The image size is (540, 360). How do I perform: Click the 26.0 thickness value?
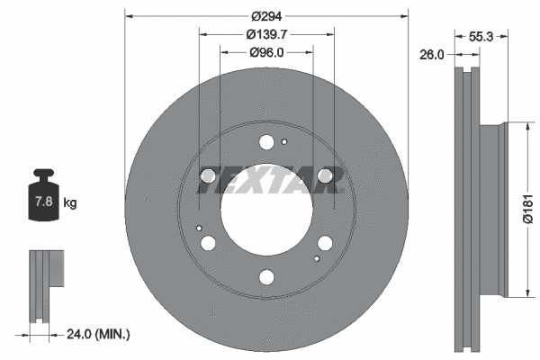432,55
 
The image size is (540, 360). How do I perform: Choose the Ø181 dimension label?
529,207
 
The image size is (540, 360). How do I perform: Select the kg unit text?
70,203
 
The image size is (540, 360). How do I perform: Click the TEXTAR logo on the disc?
266,180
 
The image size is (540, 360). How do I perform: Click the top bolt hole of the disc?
266,141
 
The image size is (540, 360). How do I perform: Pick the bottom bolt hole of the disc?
266,277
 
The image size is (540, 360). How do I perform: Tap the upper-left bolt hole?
209,175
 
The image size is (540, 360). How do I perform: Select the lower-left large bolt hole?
209,243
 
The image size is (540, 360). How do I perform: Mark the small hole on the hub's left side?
199,228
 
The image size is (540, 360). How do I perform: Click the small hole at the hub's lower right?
316,258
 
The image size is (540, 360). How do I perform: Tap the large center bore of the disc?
266,209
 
